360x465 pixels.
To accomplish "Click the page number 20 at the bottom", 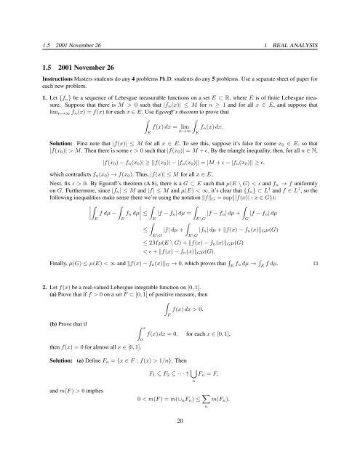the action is [179, 440].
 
